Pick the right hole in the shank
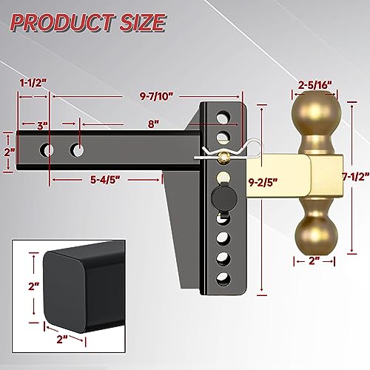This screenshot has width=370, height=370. [x=77, y=149]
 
